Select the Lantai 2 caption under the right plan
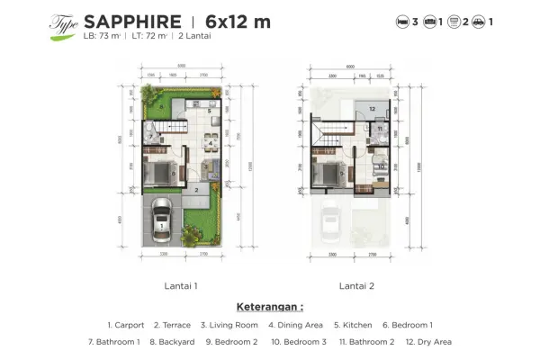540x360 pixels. coord(355,285)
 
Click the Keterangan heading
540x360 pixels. coord(269,307)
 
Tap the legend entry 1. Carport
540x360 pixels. coord(128,325)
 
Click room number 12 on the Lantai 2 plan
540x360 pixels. coord(371,109)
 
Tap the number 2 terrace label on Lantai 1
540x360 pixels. coord(194,190)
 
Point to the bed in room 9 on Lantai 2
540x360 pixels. coord(331,172)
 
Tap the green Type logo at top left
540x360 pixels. coord(63,23)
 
